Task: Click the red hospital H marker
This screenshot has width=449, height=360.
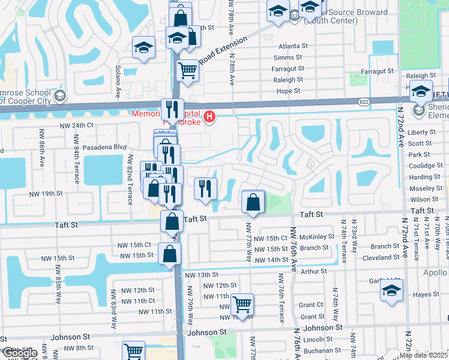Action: (x=209, y=116)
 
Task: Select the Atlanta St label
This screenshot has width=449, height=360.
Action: (x=293, y=46)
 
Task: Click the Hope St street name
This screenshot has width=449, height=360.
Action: (x=288, y=91)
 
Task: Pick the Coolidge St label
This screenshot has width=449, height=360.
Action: (x=425, y=166)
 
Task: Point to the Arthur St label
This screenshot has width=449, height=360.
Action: (x=313, y=271)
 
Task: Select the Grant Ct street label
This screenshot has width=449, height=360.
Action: (x=312, y=305)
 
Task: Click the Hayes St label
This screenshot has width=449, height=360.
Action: (x=426, y=295)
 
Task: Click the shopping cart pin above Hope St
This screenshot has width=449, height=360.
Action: (x=188, y=71)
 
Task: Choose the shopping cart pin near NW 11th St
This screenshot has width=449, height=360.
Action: (x=242, y=304)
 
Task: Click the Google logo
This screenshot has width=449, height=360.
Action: (x=20, y=353)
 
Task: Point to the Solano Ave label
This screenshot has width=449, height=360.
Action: (x=119, y=81)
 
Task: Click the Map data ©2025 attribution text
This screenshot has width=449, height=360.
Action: (x=423, y=355)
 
